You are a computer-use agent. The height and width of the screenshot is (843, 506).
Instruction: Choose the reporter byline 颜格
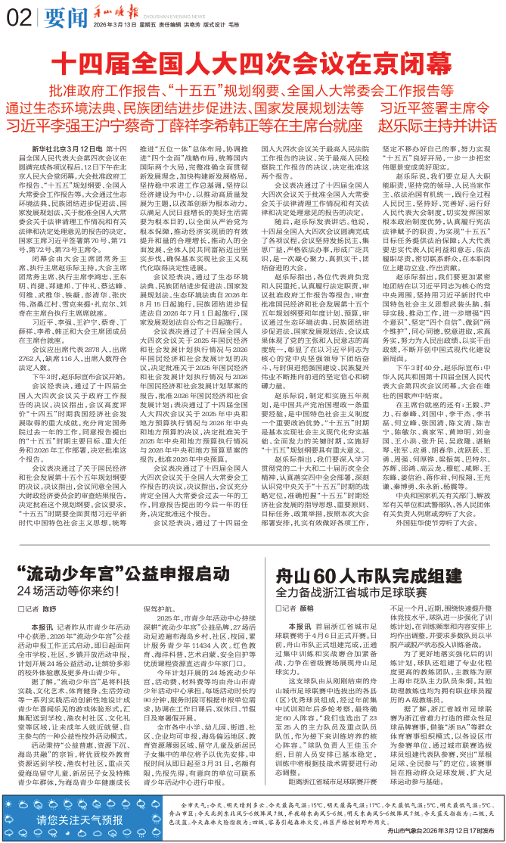[306, 608]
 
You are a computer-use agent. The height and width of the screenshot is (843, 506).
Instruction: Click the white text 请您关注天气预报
[81, 820]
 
